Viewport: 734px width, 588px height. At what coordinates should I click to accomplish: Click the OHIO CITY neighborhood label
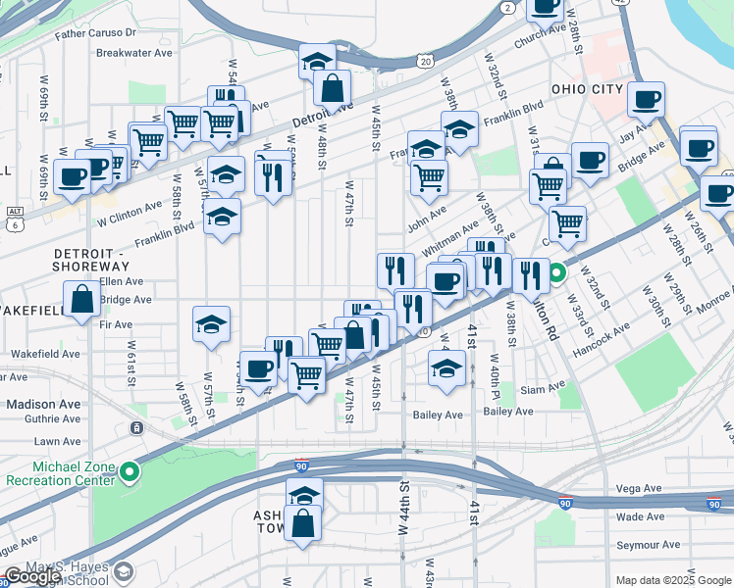tap(587, 89)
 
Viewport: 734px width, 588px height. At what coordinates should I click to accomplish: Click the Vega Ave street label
tap(641, 488)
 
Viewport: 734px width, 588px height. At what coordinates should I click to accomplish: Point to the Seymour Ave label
tap(649, 545)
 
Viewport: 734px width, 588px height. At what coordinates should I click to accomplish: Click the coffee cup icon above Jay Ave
tap(647, 100)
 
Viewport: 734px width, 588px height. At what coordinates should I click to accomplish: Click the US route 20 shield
tap(424, 61)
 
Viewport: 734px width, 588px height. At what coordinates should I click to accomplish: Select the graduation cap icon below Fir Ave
tap(211, 324)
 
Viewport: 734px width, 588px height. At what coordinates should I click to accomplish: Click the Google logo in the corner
tap(33, 576)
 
